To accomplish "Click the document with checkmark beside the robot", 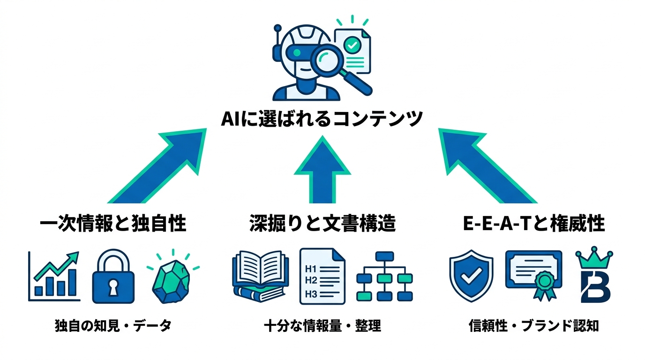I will (352, 49).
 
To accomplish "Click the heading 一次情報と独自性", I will (112, 224).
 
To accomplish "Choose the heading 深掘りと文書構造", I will (322, 224).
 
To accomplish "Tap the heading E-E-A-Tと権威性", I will (533, 224).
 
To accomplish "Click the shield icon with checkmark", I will (471, 276).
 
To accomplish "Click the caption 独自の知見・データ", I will (113, 326).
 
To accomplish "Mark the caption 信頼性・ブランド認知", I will (533, 326).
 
